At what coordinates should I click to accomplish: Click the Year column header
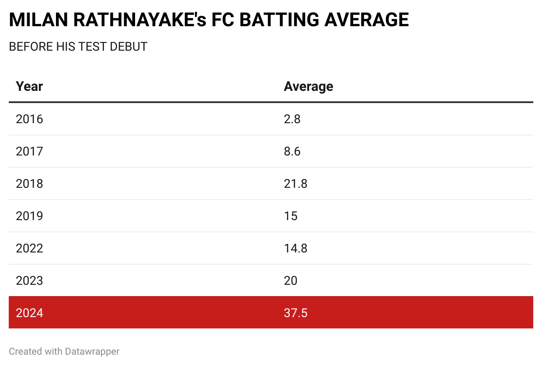click(x=29, y=86)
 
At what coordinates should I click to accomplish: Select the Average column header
click(x=308, y=86)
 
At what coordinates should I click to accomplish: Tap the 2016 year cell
click(x=29, y=119)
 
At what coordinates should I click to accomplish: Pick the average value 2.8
click(x=292, y=119)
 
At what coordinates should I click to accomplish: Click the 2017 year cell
click(x=29, y=151)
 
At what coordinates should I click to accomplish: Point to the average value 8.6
click(x=292, y=151)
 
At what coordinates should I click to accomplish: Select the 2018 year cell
click(x=29, y=183)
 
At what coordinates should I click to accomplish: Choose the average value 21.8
click(x=295, y=183)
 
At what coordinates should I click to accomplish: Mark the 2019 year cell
click(x=29, y=216)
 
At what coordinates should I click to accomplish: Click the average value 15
click(x=291, y=216)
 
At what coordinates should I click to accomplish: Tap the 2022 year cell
click(x=29, y=248)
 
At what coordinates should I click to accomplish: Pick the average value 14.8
click(x=295, y=248)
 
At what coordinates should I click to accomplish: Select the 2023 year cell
click(x=29, y=280)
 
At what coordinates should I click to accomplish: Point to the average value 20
click(x=291, y=280)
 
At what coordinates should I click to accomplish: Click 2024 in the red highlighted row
click(x=29, y=313)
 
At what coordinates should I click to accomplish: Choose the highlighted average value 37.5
click(x=295, y=313)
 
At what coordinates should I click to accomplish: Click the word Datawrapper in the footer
click(x=92, y=351)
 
